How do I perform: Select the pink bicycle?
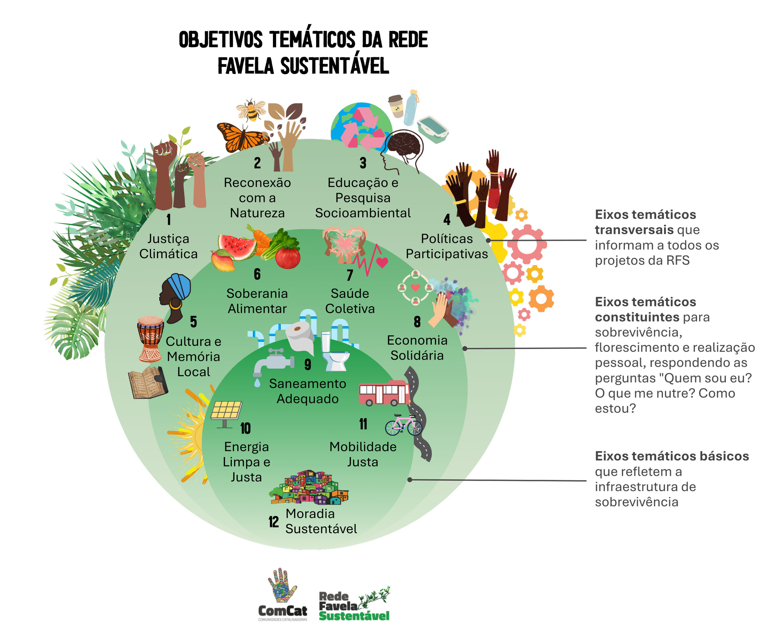pyautogui.click(x=403, y=425)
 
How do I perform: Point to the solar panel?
pyautogui.click(x=226, y=411)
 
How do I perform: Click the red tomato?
pyautogui.click(x=288, y=258)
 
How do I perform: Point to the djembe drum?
pyautogui.click(x=150, y=338)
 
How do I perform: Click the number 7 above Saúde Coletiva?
pyautogui.click(x=349, y=275)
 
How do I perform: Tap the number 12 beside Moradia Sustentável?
pyautogui.click(x=274, y=522)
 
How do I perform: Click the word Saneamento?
pyautogui.click(x=307, y=384)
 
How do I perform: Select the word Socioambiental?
pyautogui.click(x=363, y=213)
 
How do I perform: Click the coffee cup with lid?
pyautogui.click(x=396, y=106)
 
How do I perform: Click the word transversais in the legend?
pyautogui.click(x=634, y=230)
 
